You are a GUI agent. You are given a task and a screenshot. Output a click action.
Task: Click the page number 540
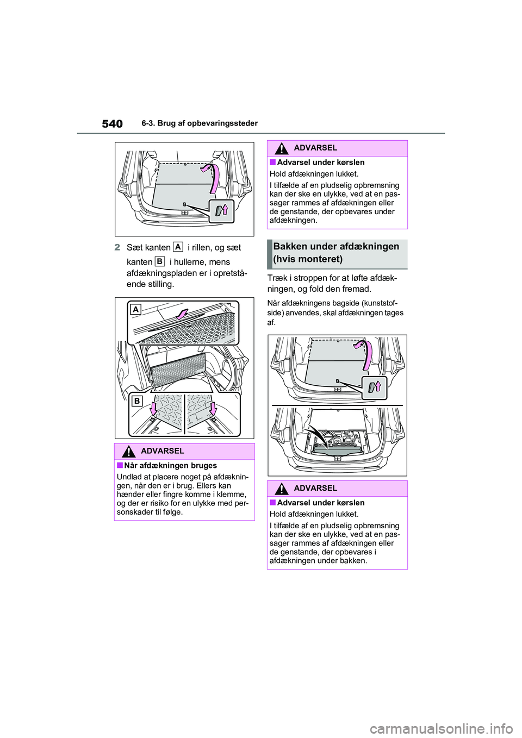click(x=113, y=124)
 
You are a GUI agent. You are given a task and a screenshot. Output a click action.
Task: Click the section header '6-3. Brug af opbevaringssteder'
click(x=200, y=123)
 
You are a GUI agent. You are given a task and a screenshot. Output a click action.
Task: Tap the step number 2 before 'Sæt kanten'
click(x=117, y=247)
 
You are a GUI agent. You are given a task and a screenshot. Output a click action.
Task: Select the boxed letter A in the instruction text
click(x=177, y=246)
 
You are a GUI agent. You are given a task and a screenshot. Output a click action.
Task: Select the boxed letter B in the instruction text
click(x=159, y=261)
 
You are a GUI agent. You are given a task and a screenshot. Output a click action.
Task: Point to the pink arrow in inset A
click(x=182, y=314)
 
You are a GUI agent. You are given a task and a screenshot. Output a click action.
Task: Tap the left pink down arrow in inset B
click(x=153, y=409)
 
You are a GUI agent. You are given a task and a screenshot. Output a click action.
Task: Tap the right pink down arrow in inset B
click(x=214, y=409)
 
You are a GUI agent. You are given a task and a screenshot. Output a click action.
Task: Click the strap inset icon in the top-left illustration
click(x=221, y=211)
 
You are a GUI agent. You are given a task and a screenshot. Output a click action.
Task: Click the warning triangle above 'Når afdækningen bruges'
click(x=129, y=452)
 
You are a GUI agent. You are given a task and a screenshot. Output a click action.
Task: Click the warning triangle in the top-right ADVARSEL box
click(x=282, y=148)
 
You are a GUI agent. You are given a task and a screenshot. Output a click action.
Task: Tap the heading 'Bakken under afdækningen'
click(x=336, y=246)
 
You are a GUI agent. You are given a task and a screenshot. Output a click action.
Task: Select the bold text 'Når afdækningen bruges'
click(x=170, y=466)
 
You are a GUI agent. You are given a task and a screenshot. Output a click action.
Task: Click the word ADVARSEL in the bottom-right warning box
click(x=316, y=488)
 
